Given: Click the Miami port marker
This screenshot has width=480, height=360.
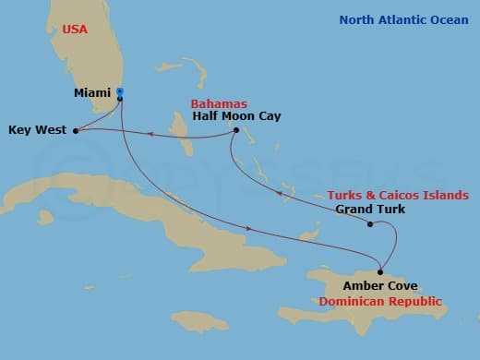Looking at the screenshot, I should click(121, 92).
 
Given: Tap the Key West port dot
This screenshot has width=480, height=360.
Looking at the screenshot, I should click(75, 130).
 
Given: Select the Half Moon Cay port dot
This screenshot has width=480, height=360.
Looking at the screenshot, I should click(235, 130).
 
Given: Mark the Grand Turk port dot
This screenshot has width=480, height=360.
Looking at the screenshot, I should click(369, 224).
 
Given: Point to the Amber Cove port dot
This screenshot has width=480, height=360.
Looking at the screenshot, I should click(380, 271).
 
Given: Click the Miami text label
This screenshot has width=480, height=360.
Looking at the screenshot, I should click(93, 93).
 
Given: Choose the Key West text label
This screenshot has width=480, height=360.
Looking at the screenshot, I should click(37, 130).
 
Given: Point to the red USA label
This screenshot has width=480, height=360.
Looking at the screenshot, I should click(75, 30).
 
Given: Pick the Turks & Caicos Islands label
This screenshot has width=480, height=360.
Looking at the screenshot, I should click(398, 196).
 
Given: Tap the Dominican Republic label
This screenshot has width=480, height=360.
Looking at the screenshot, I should click(379, 302).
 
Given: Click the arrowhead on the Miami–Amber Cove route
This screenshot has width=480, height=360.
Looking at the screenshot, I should click(247, 227).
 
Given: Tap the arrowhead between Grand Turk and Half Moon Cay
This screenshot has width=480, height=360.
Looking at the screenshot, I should click(277, 192).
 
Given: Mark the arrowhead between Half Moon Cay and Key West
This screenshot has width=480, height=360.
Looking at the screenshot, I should click(150, 137).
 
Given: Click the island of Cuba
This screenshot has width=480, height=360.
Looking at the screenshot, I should click(185, 222).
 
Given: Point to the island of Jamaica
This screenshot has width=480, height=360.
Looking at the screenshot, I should click(200, 321).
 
